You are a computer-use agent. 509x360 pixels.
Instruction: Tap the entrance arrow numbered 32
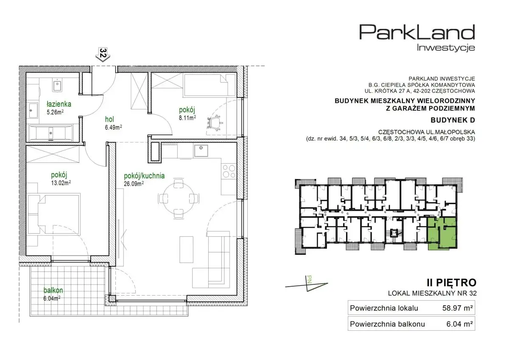pyautogui.click(x=103, y=55)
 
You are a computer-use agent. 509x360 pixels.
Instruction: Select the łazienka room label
pyautogui.click(x=59, y=104)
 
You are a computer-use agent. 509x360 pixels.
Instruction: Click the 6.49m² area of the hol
pyautogui.click(x=113, y=127)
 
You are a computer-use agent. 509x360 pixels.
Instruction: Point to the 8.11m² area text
pyautogui.click(x=187, y=118)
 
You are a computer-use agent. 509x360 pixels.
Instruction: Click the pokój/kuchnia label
pyautogui.click(x=144, y=176)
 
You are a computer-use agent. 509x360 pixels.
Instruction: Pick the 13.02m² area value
pyautogui.click(x=61, y=183)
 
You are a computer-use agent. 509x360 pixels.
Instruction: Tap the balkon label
pyautogui.click(x=53, y=290)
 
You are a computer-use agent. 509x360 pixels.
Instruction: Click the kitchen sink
pyautogui.click(x=201, y=151)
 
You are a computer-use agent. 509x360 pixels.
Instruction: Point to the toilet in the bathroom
pyautogui.click(x=57, y=85)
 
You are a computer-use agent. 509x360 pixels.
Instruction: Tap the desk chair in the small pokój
pyautogui.click(x=215, y=123)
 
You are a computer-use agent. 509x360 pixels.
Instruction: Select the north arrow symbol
pyautogui.click(x=306, y=284)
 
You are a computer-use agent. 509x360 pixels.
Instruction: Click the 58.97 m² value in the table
pyautogui.click(x=457, y=308)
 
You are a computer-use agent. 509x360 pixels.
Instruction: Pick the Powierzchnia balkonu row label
pyautogui.click(x=387, y=324)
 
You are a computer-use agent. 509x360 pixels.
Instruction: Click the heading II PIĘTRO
pyautogui.click(x=452, y=283)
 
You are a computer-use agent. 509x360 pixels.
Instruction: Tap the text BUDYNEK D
pyautogui.click(x=453, y=120)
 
